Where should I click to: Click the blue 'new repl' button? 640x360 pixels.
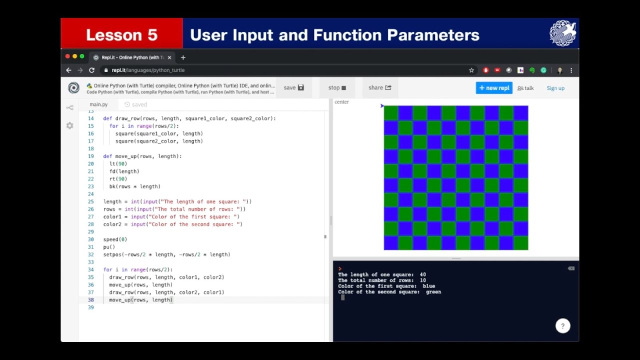[x=494, y=88]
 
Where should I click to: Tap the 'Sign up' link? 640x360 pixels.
[x=555, y=88]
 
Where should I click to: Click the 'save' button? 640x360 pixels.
[x=293, y=87]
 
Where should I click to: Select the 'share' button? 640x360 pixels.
[x=379, y=87]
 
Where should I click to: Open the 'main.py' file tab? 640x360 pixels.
[x=98, y=104]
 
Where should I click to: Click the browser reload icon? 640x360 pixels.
[x=91, y=70]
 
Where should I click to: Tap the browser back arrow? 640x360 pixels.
[x=69, y=70]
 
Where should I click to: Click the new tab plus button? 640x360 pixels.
[x=183, y=57]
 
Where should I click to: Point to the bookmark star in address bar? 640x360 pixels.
[x=471, y=70]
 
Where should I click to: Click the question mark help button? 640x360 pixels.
[x=562, y=326]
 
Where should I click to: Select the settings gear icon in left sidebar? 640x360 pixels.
[x=69, y=125]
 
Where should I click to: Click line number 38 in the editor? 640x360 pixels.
[x=90, y=300]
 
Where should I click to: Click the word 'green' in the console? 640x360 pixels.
[x=433, y=292]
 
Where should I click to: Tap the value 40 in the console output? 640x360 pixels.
[x=422, y=274]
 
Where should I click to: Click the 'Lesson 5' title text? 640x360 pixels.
[x=121, y=35]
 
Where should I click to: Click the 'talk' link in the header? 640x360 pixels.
[x=525, y=88]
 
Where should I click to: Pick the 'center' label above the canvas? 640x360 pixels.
[x=341, y=102]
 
